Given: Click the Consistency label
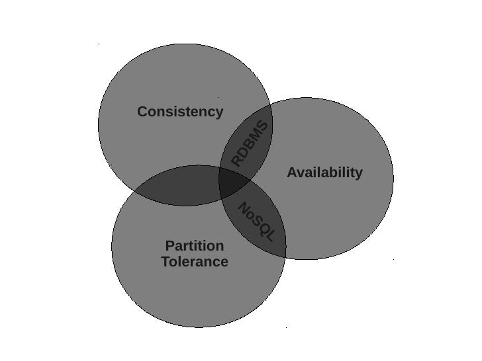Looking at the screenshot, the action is click(x=180, y=112).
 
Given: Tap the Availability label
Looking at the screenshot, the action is click(x=324, y=173).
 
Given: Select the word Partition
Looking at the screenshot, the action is click(x=195, y=246).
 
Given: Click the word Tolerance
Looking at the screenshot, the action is click(x=195, y=262).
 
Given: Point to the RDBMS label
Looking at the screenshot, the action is click(x=250, y=143).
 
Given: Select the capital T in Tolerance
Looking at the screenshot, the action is click(x=166, y=262).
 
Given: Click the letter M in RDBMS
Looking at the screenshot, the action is click(x=257, y=134).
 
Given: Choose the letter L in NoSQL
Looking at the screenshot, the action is click(x=269, y=235).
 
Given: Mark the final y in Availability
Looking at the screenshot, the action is click(x=359, y=174).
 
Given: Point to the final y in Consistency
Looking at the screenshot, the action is click(x=219, y=113).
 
